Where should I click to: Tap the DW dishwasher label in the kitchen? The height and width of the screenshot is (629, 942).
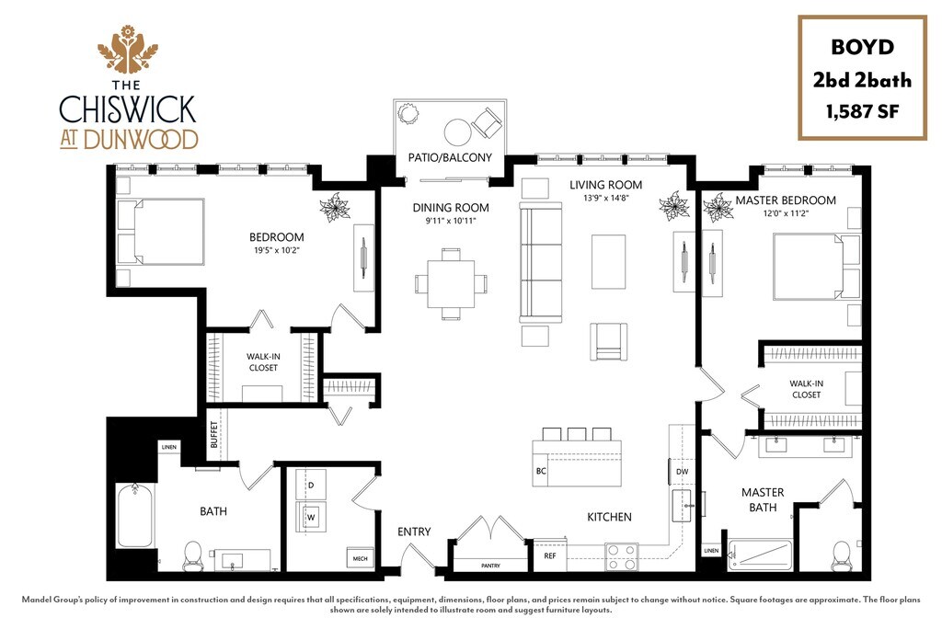(682, 472)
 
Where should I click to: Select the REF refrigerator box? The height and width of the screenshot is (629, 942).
(549, 555)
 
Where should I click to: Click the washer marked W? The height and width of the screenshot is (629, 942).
(310, 517)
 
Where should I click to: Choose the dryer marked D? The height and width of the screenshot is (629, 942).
(311, 484)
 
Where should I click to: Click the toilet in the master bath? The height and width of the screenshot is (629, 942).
(839, 552)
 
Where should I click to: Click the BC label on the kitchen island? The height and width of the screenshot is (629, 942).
(541, 470)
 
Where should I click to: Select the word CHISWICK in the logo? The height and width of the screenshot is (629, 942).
(127, 109)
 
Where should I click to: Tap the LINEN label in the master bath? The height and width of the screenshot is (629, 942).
(711, 551)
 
